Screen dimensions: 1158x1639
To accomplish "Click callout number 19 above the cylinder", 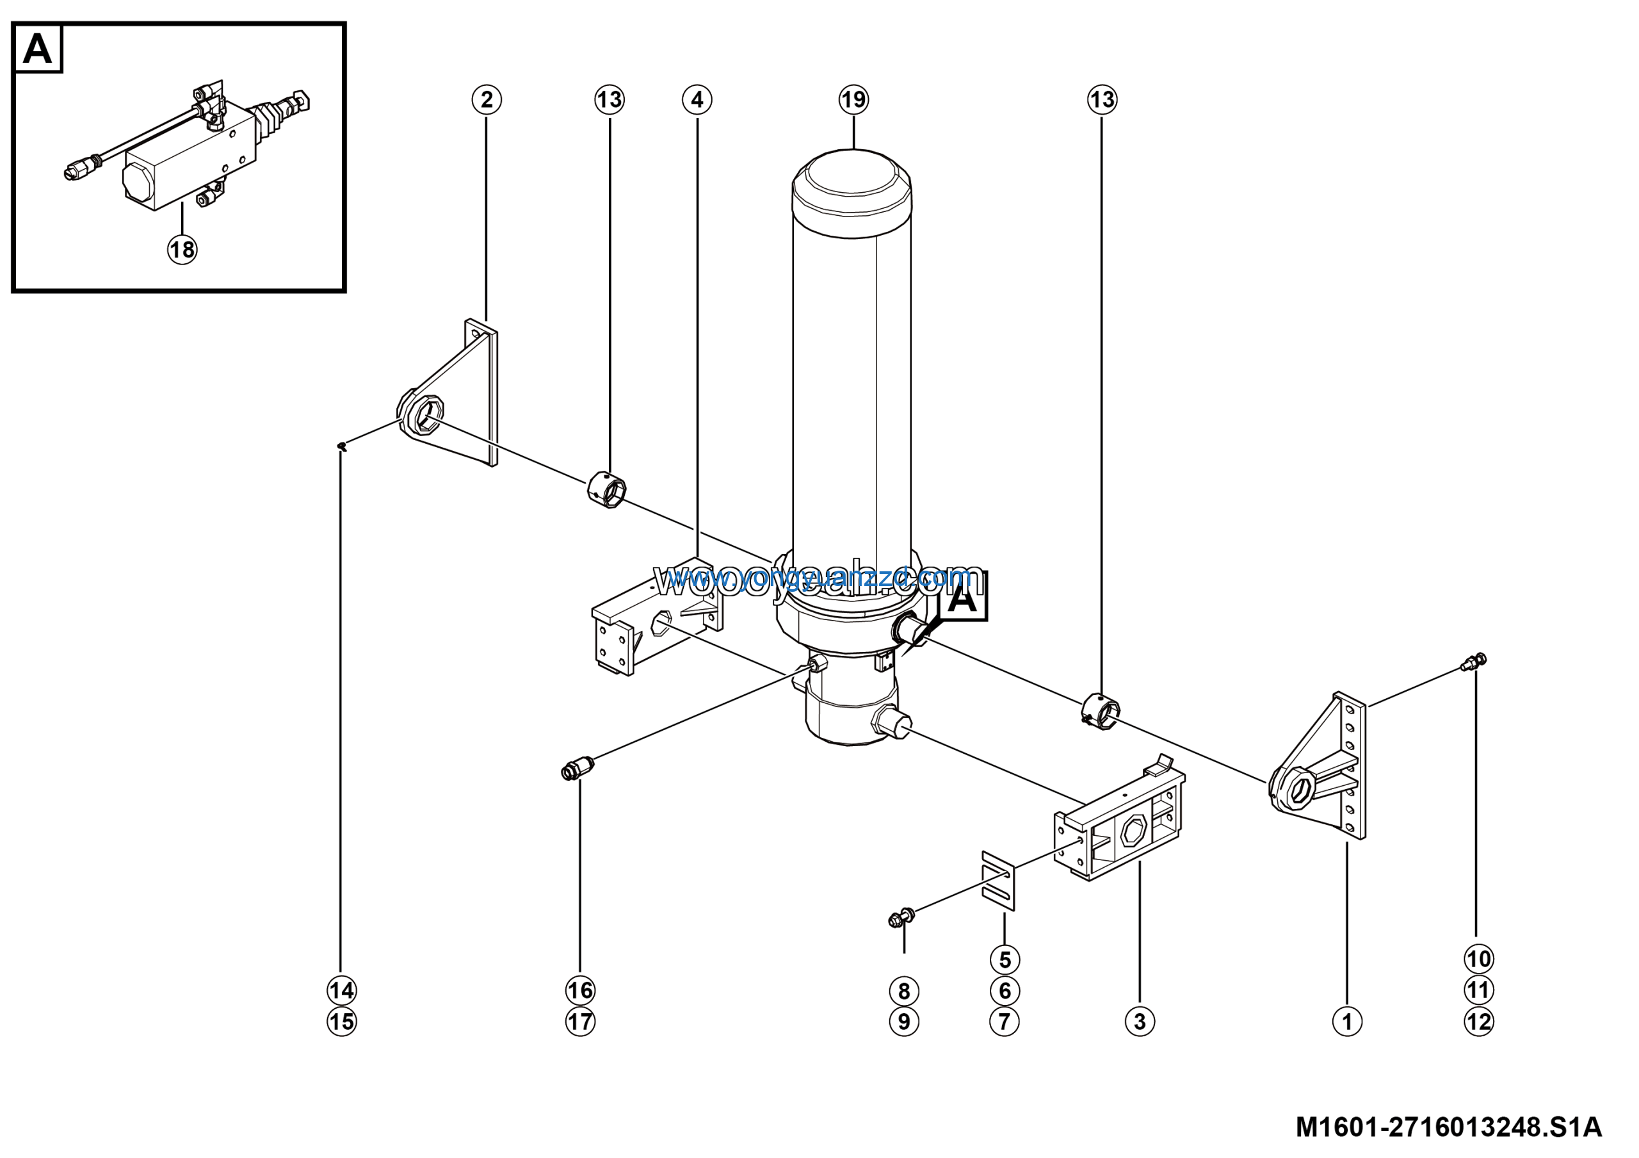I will click(x=854, y=99).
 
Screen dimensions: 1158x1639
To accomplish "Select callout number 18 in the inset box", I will click(x=182, y=249).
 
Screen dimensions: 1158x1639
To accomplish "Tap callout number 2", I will click(x=487, y=99).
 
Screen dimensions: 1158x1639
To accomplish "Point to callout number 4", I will click(x=697, y=99).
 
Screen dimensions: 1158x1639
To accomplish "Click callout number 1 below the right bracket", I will click(x=1347, y=1022).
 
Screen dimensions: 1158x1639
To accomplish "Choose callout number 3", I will click(x=1140, y=1022).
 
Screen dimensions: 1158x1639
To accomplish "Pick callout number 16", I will click(x=579, y=990).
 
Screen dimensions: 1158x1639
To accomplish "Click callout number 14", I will click(x=342, y=990).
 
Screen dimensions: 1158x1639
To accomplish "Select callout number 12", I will click(x=1478, y=1022).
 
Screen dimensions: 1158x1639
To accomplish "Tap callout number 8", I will click(x=904, y=991).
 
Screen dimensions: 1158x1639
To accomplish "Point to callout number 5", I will click(x=1005, y=959).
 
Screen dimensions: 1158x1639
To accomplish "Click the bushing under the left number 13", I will click(x=608, y=491).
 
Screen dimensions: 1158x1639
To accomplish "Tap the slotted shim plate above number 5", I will click(x=998, y=881).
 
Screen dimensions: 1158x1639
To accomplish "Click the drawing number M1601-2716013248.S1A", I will click(x=1448, y=1127).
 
